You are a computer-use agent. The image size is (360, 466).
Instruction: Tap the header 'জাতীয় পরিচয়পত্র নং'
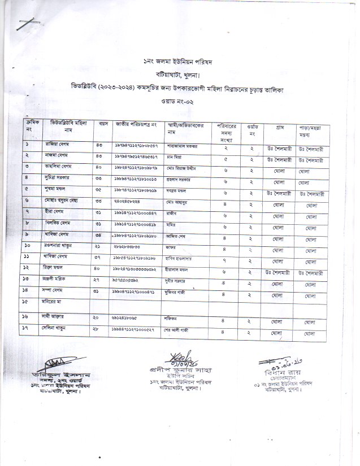click(x=136, y=123)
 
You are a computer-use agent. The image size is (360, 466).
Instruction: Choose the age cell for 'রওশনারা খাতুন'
click(x=98, y=247)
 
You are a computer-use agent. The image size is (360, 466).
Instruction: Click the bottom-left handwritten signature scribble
click(x=51, y=362)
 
